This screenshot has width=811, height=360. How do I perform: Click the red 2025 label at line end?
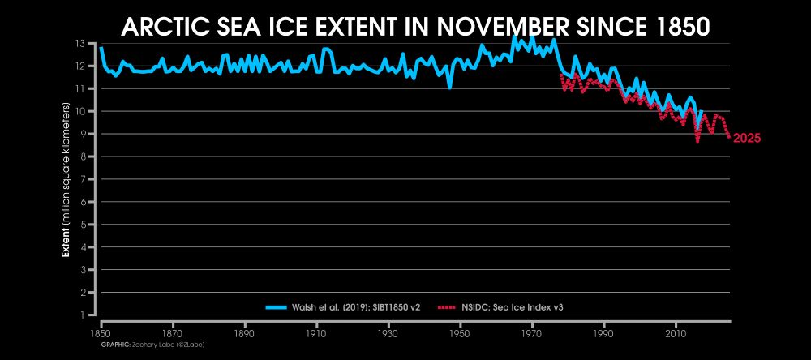(746, 139)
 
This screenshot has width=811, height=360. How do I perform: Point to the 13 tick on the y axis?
(81, 43)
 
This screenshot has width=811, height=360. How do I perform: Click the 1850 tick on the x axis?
(101, 333)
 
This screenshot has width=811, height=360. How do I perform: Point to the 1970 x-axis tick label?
(531, 333)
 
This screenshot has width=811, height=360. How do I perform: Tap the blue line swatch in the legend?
(277, 307)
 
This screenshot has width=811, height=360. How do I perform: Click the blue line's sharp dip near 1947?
(449, 86)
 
